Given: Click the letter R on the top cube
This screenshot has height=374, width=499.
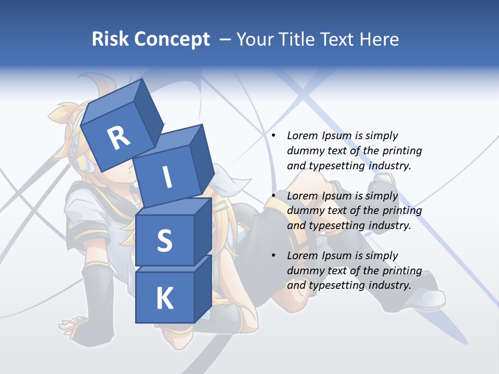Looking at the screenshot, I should coord(119,139).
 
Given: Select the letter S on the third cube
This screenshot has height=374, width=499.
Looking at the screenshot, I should coord(164,241).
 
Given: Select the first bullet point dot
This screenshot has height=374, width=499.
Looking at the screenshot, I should coord(273,136).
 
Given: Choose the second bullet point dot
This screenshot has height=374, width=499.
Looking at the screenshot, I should coord(273,196).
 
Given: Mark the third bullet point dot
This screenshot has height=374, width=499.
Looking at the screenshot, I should coord(273,256).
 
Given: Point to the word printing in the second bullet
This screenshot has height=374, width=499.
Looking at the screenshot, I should coord(403,210).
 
